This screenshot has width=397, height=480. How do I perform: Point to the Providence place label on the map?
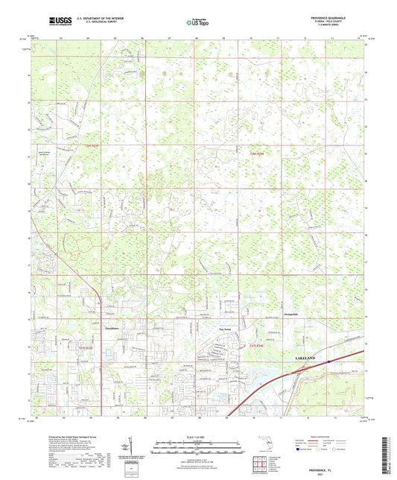pyautogui.click(x=109, y=325)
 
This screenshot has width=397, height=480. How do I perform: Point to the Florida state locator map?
pyautogui.click(x=267, y=444)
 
